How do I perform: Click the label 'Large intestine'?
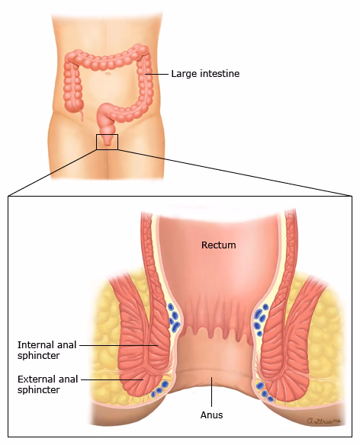[x=205, y=74]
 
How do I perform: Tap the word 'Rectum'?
[x=218, y=245]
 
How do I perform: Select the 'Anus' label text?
[x=211, y=415]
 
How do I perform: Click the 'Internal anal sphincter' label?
[x=47, y=350]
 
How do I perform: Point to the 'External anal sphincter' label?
[x=47, y=384]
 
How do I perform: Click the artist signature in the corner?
[x=323, y=421]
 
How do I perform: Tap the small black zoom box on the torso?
[x=107, y=142]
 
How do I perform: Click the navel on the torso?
[x=108, y=74]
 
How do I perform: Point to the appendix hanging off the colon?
[x=82, y=116]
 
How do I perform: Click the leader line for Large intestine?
[x=156, y=74]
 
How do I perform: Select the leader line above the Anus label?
[x=211, y=392]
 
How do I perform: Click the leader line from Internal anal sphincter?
[x=118, y=345]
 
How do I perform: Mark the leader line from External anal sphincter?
[x=112, y=379]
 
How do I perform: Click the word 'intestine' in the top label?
[x=220, y=74]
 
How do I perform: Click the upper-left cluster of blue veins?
[x=174, y=317]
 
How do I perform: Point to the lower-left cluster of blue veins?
[x=160, y=389]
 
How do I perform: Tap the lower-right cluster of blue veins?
[x=265, y=392]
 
